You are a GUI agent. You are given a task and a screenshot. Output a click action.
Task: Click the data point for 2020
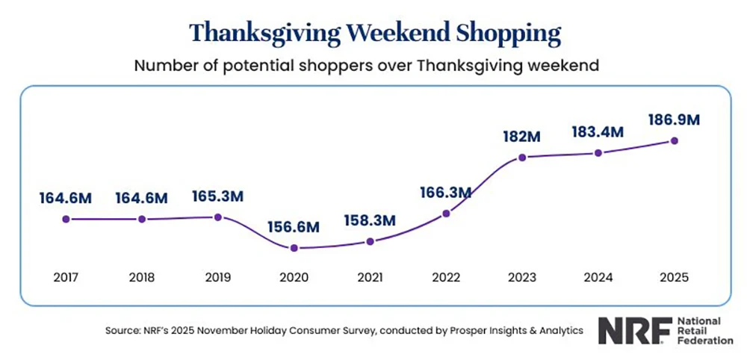point(294,248)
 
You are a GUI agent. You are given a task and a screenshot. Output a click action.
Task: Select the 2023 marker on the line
point(522,158)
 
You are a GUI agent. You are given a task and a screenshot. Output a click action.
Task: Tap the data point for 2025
point(675,140)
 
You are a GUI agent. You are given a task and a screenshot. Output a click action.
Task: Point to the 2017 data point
point(66,219)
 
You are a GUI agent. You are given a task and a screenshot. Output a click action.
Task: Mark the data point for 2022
point(446,214)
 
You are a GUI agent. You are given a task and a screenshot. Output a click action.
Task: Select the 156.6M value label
point(294,226)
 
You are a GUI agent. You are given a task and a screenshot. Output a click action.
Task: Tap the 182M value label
point(521,136)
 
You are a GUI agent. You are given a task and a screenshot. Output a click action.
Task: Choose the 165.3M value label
point(217,196)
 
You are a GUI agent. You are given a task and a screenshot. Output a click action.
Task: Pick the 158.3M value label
point(370,221)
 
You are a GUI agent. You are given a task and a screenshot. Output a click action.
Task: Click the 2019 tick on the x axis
point(217,277)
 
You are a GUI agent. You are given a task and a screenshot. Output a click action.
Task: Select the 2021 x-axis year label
point(370,277)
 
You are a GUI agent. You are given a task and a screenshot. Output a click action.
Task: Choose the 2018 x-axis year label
point(141,277)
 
